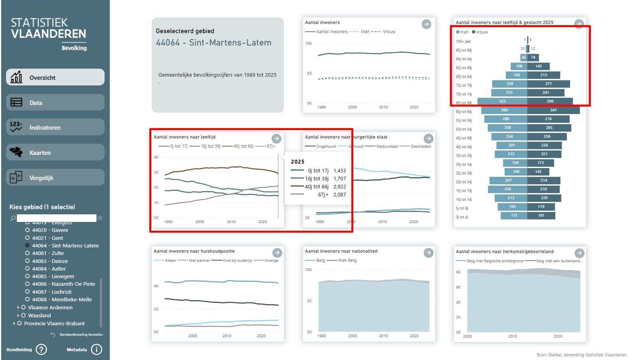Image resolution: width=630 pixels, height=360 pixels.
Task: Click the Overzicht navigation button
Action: coord(55,77)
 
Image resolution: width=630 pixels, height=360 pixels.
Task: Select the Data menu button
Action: coord(55,103)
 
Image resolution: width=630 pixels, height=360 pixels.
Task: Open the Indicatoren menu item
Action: coord(55,128)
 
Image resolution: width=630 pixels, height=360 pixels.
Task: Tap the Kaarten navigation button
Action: coord(55,152)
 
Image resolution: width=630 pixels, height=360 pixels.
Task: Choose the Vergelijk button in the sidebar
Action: coord(55,178)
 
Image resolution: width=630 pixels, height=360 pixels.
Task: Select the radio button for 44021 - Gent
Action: coord(28,238)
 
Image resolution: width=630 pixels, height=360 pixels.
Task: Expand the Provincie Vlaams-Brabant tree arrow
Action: coord(14,323)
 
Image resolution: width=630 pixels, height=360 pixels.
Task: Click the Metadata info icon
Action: coord(96,350)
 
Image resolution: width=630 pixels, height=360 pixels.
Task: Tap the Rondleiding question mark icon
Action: coord(41,350)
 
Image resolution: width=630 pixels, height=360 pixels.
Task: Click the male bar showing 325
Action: coord(502,101)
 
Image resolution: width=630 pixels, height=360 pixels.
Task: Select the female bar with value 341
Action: coord(553,110)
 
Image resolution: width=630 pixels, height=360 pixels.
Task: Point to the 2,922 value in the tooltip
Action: coord(339,186)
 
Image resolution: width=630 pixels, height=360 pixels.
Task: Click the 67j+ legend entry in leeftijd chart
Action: coord(270,146)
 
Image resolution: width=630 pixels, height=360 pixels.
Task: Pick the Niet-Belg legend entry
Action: coord(347,260)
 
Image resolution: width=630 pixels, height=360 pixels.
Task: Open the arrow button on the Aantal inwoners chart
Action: coord(426,24)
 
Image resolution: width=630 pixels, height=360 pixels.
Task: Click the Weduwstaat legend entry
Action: coord(386,146)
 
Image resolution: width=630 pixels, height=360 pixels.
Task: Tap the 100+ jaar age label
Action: coord(464,42)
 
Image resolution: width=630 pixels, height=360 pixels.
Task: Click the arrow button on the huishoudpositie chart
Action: coord(277,253)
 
